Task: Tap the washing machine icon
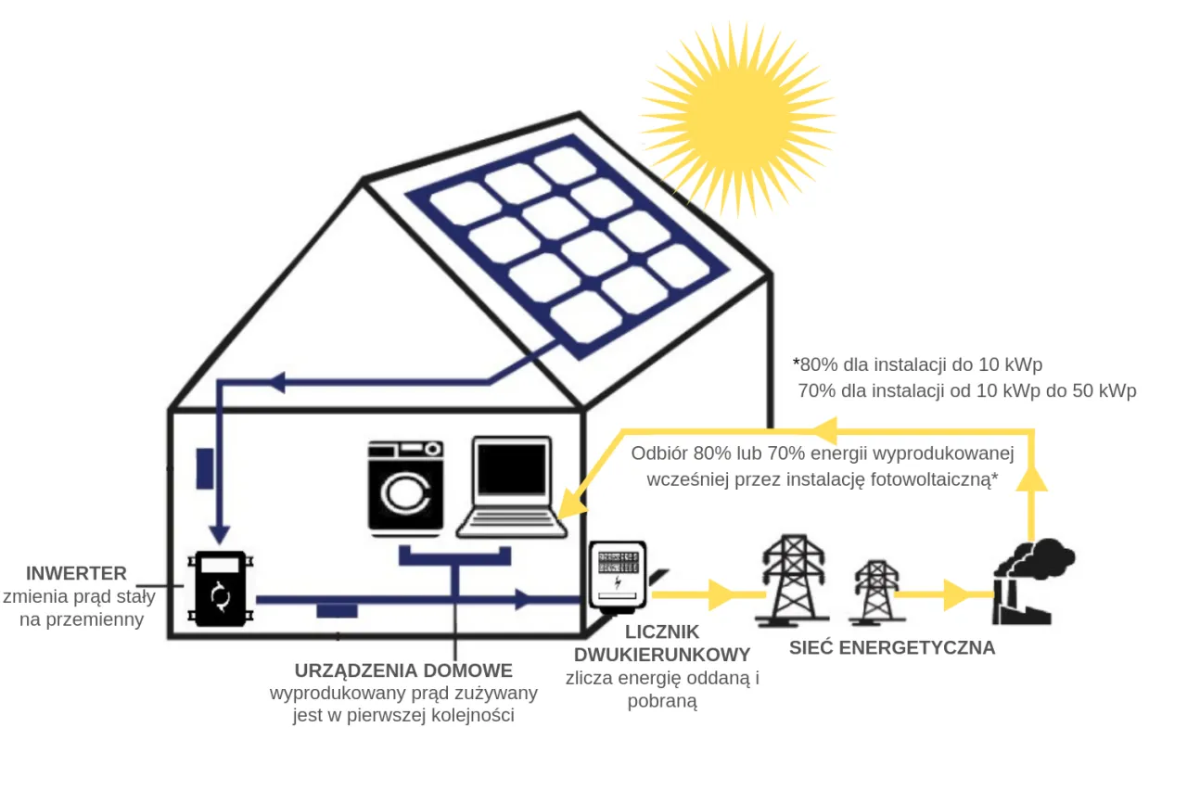point(405,488)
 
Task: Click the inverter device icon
point(221,589)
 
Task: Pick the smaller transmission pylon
point(874,593)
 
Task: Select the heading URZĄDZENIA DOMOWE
point(402,670)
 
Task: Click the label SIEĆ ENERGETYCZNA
point(892,647)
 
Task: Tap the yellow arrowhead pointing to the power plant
point(956,594)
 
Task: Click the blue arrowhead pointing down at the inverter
point(219,534)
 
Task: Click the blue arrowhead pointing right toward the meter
point(524,599)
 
